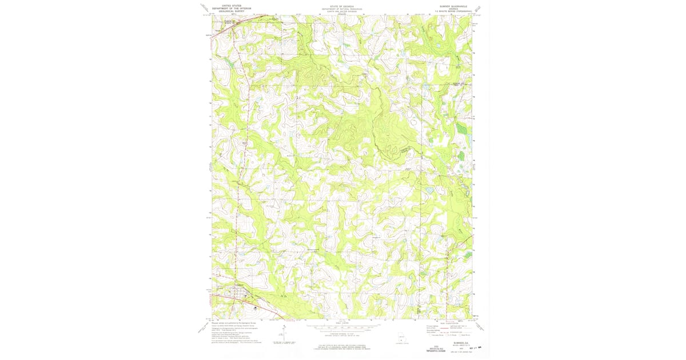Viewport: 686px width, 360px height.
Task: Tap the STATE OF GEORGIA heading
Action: tap(342, 5)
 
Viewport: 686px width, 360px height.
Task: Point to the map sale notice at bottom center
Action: tap(342, 347)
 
